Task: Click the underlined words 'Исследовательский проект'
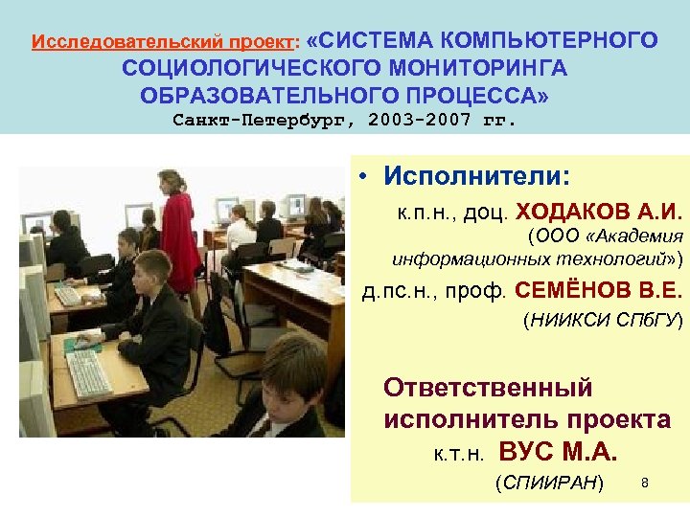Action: click(x=165, y=43)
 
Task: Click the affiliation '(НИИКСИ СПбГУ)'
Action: click(x=602, y=322)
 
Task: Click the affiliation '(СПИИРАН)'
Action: click(x=549, y=483)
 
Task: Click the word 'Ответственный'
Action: click(x=488, y=388)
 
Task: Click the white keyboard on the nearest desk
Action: click(x=89, y=371)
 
